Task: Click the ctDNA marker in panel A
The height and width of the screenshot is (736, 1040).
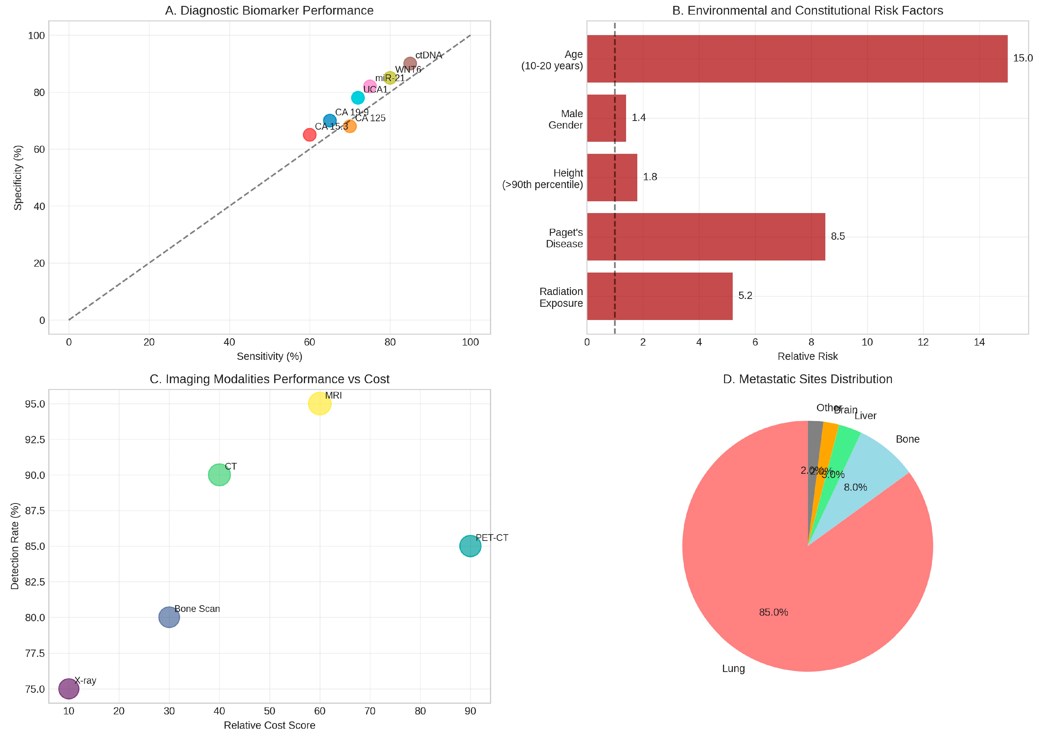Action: click(409, 63)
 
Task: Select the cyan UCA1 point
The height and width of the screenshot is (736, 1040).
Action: click(358, 97)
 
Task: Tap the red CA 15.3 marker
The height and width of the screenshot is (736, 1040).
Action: click(309, 135)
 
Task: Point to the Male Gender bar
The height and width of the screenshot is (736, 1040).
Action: click(606, 118)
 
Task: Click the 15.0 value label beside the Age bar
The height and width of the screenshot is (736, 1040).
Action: click(1022, 58)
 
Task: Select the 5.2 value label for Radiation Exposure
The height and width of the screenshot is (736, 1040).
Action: click(745, 296)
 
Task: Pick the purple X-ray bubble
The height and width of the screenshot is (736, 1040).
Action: click(69, 689)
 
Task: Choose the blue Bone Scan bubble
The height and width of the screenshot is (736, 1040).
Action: click(169, 617)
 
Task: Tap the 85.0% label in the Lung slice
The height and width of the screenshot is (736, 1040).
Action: click(773, 612)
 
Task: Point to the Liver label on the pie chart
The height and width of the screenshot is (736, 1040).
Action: click(865, 416)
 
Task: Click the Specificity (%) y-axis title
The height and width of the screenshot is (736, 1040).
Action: click(18, 178)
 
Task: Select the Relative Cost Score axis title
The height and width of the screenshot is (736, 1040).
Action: click(269, 725)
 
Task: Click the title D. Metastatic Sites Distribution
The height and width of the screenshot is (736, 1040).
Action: click(807, 379)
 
